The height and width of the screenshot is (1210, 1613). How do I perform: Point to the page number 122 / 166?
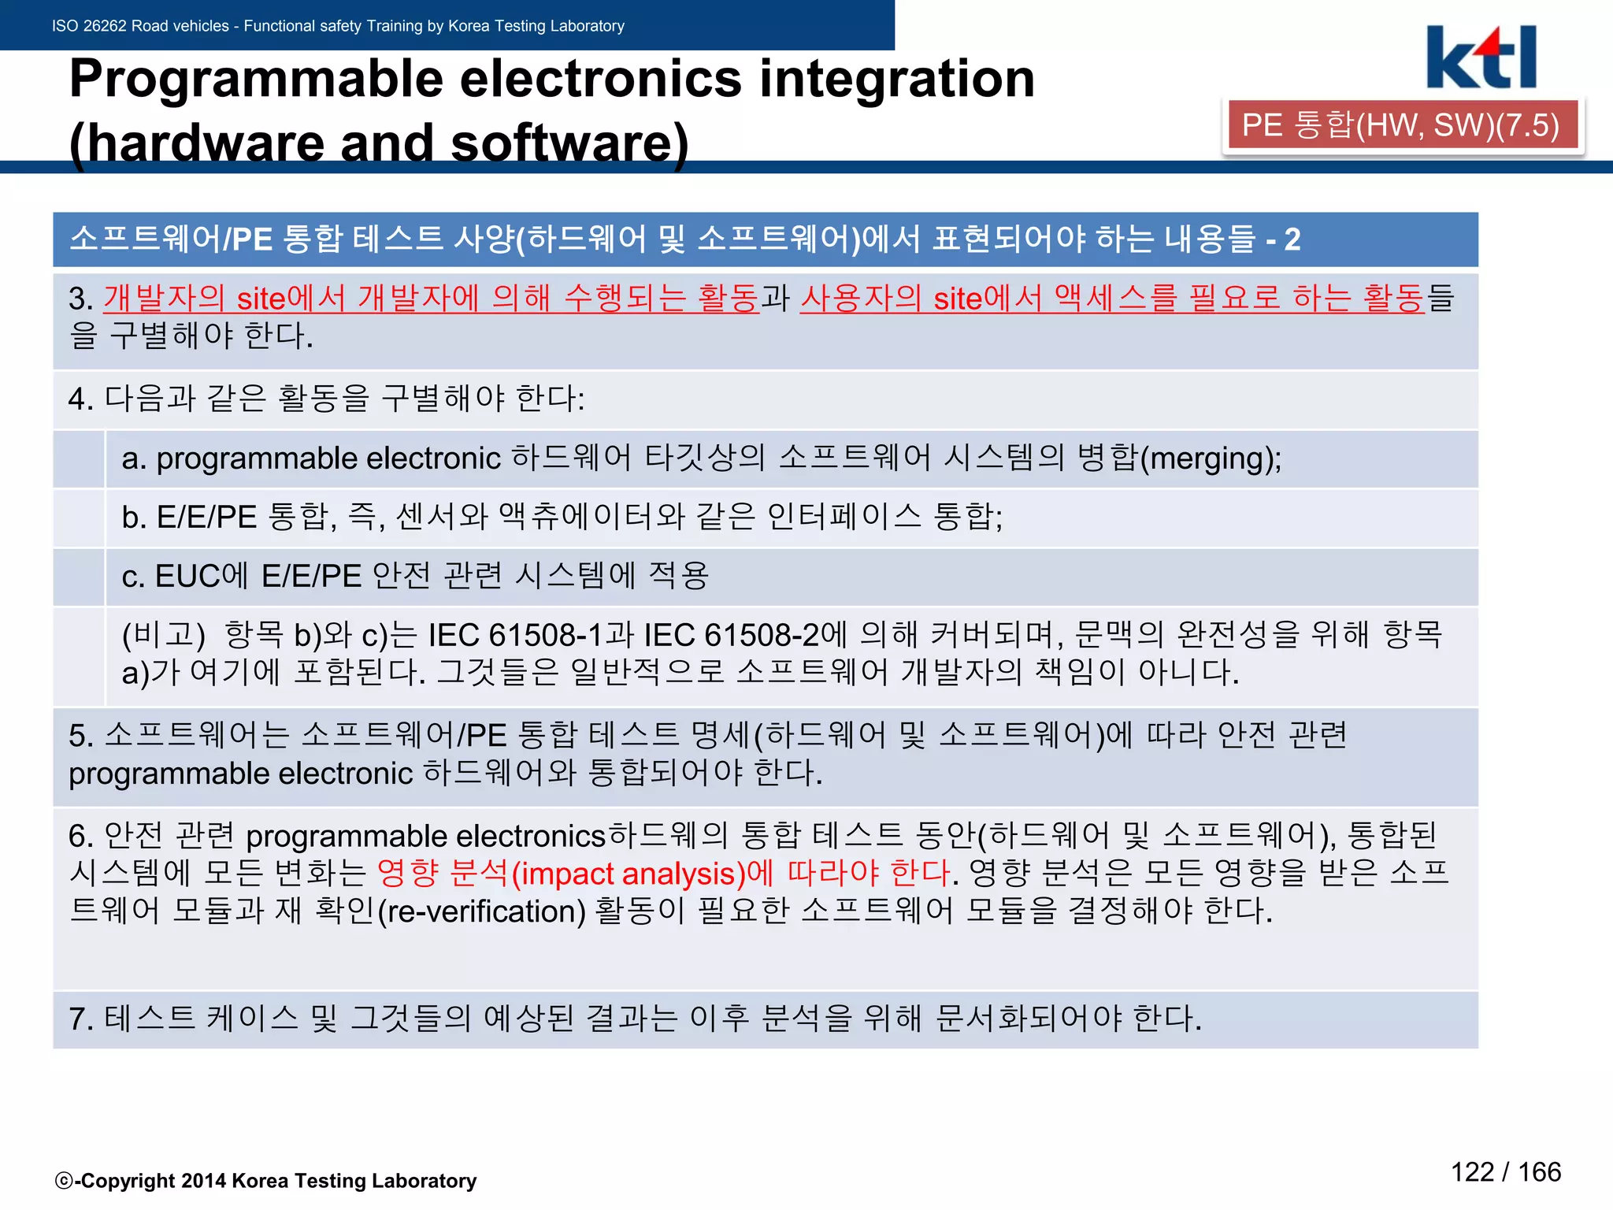point(1505,1171)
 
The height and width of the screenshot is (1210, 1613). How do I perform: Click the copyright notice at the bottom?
point(266,1180)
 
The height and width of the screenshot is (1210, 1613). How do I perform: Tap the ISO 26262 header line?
point(338,26)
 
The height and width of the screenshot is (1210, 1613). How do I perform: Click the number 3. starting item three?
point(80,299)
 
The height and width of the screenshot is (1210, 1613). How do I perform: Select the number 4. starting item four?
point(80,399)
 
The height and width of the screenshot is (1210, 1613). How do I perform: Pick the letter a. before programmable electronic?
point(134,458)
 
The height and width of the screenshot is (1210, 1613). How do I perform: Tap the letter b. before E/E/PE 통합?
point(134,518)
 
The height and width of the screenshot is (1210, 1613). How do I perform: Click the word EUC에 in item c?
point(202,576)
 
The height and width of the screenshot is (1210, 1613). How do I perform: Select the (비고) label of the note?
point(164,635)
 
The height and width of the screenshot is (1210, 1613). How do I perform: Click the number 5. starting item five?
point(80,736)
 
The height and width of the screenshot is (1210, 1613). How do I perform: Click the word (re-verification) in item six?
point(482,911)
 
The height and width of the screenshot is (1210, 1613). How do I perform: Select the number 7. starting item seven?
point(80,1019)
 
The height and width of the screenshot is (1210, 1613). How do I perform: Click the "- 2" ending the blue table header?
point(1283,239)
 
